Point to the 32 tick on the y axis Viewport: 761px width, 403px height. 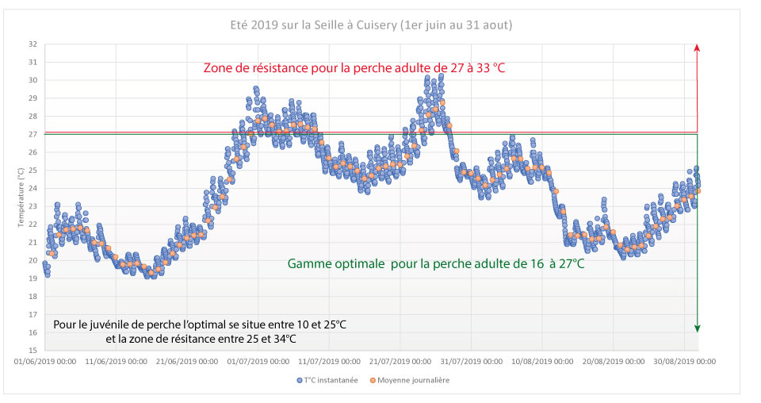coord(32,44)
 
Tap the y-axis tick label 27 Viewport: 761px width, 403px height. coord(32,134)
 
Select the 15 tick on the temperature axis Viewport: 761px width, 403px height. coord(32,350)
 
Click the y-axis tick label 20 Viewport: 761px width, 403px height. coord(32,260)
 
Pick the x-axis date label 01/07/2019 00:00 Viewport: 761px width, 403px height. coord(259,361)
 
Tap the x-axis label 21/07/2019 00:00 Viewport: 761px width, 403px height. coord(401,361)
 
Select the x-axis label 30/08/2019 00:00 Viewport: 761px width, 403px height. coord(686,361)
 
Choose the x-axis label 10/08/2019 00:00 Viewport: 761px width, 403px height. coord(543,361)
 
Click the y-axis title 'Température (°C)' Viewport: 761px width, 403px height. coord(21,198)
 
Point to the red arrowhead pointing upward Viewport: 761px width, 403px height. coord(697,48)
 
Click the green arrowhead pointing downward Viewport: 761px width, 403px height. coord(697,328)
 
